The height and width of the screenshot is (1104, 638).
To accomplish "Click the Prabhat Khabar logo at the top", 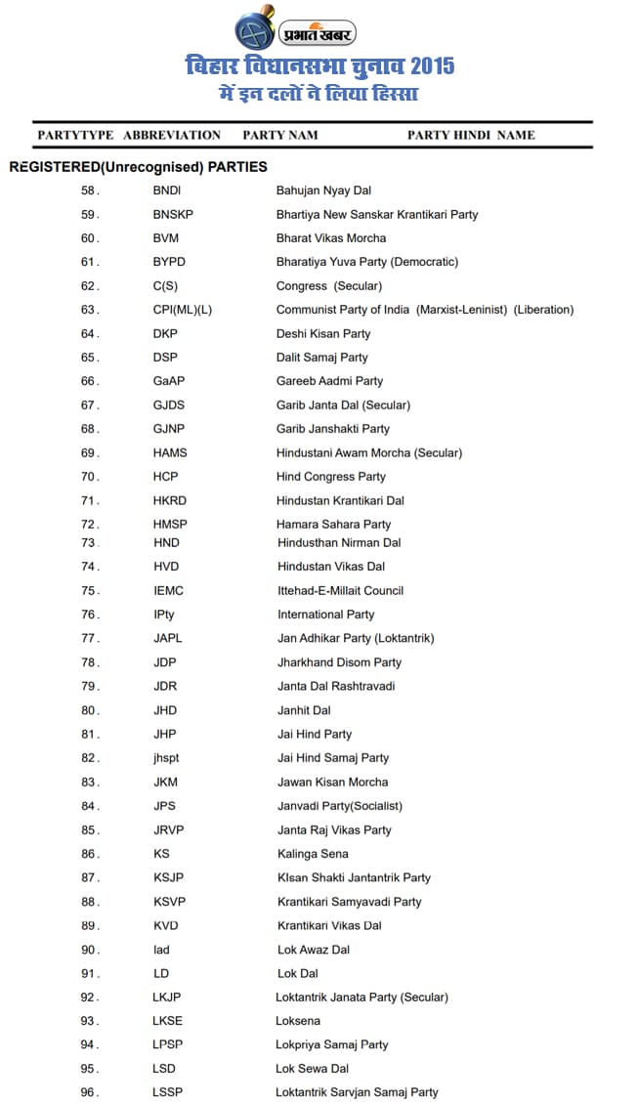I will point(295,31).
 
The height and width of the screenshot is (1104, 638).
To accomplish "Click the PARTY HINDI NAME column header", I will point(471,135).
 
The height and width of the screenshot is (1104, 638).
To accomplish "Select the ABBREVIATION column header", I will point(172,135).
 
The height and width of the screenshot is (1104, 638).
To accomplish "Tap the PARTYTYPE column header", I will point(75,135).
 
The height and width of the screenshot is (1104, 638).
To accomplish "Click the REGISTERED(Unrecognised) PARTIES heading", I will point(138,167).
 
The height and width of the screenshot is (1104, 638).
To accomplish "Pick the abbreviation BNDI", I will point(167,191).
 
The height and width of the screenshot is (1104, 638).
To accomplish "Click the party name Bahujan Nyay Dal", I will point(323,191).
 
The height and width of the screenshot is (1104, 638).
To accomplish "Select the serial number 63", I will point(90,310).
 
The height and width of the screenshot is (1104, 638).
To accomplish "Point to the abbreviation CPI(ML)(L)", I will point(182,310).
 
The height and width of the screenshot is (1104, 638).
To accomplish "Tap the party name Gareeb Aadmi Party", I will point(329,381).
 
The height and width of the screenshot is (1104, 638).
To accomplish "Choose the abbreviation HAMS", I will point(170,452).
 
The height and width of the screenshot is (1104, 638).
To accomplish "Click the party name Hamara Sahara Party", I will point(333,524).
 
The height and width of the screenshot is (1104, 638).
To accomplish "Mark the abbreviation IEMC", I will point(168,590).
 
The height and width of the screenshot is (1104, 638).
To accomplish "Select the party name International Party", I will point(325,615).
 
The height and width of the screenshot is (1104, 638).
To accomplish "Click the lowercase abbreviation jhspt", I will point(166,758).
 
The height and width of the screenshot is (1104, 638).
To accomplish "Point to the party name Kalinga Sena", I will point(313,854).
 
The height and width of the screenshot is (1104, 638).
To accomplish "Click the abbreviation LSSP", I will point(167,1092).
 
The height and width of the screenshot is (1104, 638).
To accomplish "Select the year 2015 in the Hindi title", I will point(432,67).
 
